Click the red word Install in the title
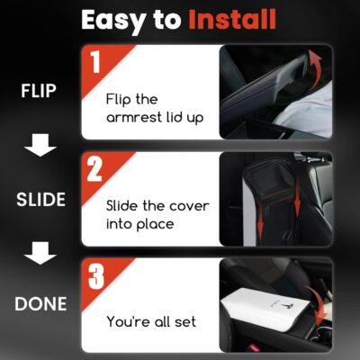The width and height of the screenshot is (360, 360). coord(232,20)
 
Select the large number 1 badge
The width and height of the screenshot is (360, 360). coord(95,62)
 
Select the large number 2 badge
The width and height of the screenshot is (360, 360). coord(94,169)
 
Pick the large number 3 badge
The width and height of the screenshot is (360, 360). coord(96,276)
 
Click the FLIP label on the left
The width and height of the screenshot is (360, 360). coord(39,91)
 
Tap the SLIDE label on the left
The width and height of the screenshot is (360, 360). coord(40,200)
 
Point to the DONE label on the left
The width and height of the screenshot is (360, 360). coord(40,303)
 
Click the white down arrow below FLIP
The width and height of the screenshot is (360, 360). coord(40,145)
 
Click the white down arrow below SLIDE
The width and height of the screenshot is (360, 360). coord(40,253)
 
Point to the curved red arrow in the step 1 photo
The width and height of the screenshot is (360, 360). coord(316,68)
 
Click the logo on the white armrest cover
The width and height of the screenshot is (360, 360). coord(288,307)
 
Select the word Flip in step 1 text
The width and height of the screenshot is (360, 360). coord(117,100)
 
